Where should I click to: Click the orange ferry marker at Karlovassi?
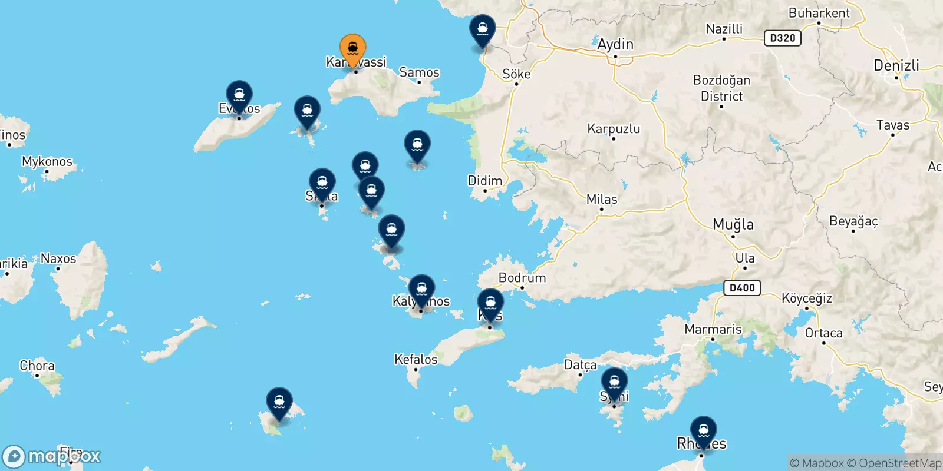[352, 48]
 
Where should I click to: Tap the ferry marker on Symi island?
[614, 382]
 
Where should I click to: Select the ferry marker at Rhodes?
[703, 430]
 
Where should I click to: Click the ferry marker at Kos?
[490, 303]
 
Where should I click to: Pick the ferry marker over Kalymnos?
[421, 289]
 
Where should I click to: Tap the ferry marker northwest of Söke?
[483, 29]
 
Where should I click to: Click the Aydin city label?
[615, 44]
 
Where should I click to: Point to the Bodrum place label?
[522, 278]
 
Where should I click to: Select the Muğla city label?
[733, 224]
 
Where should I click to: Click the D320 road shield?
[783, 38]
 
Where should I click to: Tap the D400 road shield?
[742, 288]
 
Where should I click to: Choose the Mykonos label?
[47, 161]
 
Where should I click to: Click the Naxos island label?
[58, 258]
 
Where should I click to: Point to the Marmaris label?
[713, 329]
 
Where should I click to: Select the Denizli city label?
[896, 65]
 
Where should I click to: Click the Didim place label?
[485, 181]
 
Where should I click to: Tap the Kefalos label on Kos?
[416, 359]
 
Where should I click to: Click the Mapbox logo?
[52, 456]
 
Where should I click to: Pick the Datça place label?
[581, 365]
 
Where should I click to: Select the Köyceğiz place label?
[807, 298]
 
